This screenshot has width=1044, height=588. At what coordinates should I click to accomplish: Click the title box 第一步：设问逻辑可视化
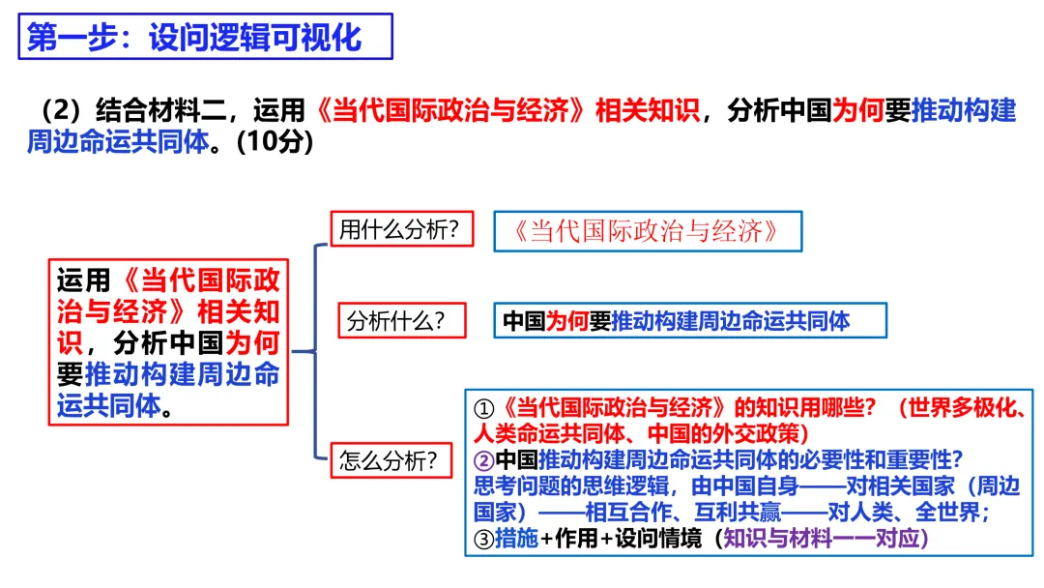pos(206,38)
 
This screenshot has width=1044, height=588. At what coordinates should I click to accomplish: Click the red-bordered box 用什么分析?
pos(400,230)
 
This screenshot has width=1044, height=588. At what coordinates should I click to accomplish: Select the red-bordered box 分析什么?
pos(400,321)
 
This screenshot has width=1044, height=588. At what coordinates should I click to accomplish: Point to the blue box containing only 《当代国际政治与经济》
pos(648,230)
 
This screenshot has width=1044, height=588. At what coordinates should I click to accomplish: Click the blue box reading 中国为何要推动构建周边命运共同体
pos(692,321)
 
